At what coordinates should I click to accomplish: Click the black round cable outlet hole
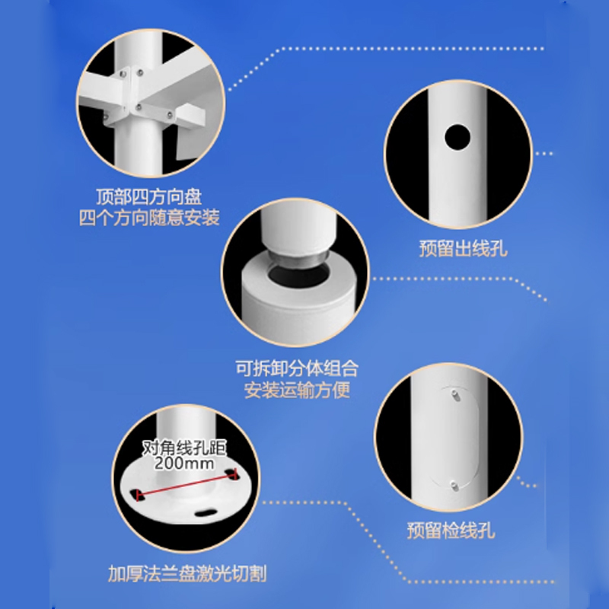pyautogui.click(x=458, y=137)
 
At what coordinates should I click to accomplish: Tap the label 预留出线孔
pyautogui.click(x=464, y=249)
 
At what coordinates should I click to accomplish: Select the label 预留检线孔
pyautogui.click(x=451, y=530)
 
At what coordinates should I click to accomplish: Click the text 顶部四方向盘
pyautogui.click(x=148, y=196)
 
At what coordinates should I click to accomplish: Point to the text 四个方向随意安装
pyautogui.click(x=149, y=218)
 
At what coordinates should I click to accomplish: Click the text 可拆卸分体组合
pyautogui.click(x=297, y=368)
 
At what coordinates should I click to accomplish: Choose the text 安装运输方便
pyautogui.click(x=297, y=390)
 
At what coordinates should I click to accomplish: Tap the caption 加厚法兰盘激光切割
pyautogui.click(x=187, y=574)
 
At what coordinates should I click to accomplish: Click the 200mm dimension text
pyautogui.click(x=184, y=463)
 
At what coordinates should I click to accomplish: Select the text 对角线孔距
pyautogui.click(x=184, y=448)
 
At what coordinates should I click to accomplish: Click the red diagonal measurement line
pyautogui.click(x=187, y=485)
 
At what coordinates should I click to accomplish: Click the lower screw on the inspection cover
pyautogui.click(x=454, y=486)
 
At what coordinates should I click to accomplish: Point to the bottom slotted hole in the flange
pyautogui.click(x=205, y=513)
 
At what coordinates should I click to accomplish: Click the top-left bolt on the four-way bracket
pyautogui.click(x=123, y=74)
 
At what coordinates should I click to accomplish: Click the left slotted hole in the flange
pyautogui.click(x=136, y=495)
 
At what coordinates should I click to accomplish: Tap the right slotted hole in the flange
pyautogui.click(x=232, y=473)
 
